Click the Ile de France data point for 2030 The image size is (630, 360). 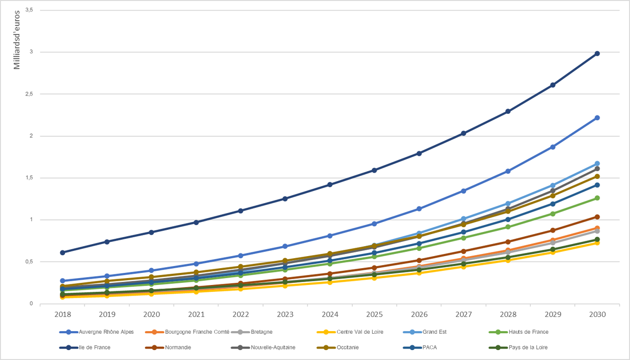point(597,54)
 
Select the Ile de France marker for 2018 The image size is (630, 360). point(62,252)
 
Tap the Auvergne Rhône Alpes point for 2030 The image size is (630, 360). point(597,118)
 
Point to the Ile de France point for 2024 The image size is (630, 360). point(330,185)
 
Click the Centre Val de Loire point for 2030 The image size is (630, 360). point(597,242)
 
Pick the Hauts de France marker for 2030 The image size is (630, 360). point(597,198)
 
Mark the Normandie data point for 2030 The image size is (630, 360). point(597,217)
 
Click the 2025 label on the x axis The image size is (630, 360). point(374,314)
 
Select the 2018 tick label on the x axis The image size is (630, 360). point(62,314)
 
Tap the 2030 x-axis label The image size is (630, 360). point(597,314)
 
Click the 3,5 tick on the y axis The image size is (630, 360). point(28,10)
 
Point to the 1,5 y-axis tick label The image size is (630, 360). point(28,178)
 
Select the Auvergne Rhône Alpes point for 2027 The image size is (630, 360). point(464,191)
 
